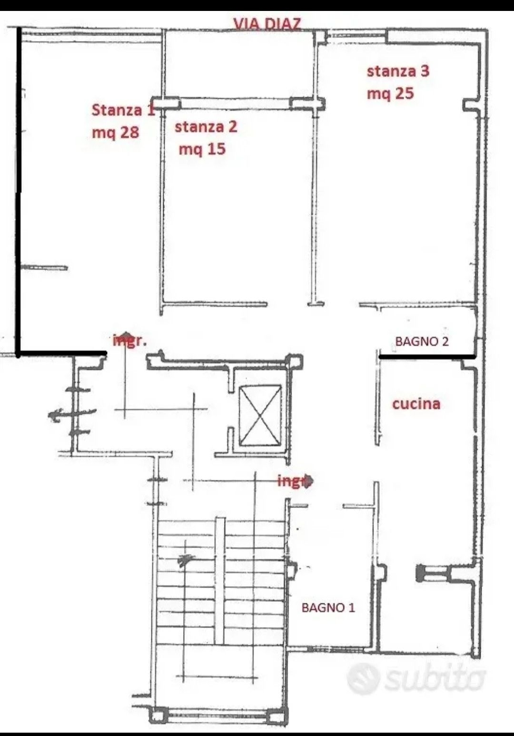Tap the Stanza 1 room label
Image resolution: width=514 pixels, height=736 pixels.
[123, 110]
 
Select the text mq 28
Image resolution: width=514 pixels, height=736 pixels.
[115, 133]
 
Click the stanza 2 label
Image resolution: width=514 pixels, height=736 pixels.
[206, 127]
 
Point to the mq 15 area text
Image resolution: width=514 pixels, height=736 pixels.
[202, 149]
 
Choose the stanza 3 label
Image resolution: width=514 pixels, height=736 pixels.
[398, 71]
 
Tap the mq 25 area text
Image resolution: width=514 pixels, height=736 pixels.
[390, 94]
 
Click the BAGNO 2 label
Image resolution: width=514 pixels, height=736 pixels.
[422, 342]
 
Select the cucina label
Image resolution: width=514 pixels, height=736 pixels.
[416, 404]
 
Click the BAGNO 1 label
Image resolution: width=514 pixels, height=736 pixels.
[328, 608]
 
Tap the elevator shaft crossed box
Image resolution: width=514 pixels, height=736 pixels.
[260, 416]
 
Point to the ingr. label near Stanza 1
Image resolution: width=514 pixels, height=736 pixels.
[129, 341]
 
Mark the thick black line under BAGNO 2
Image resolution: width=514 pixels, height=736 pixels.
[427, 356]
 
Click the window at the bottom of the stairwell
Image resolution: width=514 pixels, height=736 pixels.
[218, 713]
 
